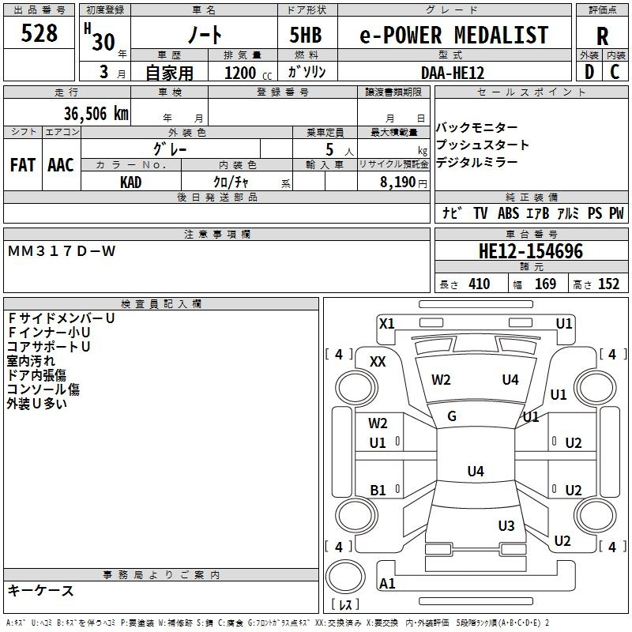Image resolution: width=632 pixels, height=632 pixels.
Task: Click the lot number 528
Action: (x=39, y=32)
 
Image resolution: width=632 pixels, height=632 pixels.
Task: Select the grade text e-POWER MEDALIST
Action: (x=453, y=35)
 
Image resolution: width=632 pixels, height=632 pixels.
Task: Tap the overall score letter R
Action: (x=602, y=36)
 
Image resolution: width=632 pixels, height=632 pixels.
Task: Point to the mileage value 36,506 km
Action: (x=96, y=114)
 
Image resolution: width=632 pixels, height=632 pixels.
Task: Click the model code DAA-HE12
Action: (x=453, y=73)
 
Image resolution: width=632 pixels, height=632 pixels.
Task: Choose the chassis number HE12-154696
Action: (x=531, y=251)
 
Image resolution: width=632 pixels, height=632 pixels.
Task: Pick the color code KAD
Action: (x=130, y=182)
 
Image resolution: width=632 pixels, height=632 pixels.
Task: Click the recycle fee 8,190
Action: (x=398, y=182)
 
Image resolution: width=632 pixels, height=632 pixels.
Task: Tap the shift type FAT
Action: (x=23, y=165)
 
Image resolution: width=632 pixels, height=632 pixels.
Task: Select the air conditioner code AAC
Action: (x=61, y=165)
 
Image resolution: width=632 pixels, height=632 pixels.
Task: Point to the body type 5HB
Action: (x=306, y=35)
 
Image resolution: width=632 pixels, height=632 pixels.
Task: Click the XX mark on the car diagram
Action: (x=378, y=362)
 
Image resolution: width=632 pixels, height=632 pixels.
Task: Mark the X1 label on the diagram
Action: (x=386, y=324)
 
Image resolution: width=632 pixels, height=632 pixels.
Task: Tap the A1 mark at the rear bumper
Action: (x=387, y=583)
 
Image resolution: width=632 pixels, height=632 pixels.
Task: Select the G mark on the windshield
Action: (x=452, y=416)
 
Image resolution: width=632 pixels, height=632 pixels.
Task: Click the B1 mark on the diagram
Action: (x=378, y=490)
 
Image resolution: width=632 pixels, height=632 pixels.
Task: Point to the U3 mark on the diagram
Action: (x=506, y=525)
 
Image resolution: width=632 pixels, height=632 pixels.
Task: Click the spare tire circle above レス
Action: (x=345, y=577)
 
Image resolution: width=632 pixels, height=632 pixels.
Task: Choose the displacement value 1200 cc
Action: (x=248, y=73)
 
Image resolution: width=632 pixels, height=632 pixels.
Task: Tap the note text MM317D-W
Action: (x=62, y=251)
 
